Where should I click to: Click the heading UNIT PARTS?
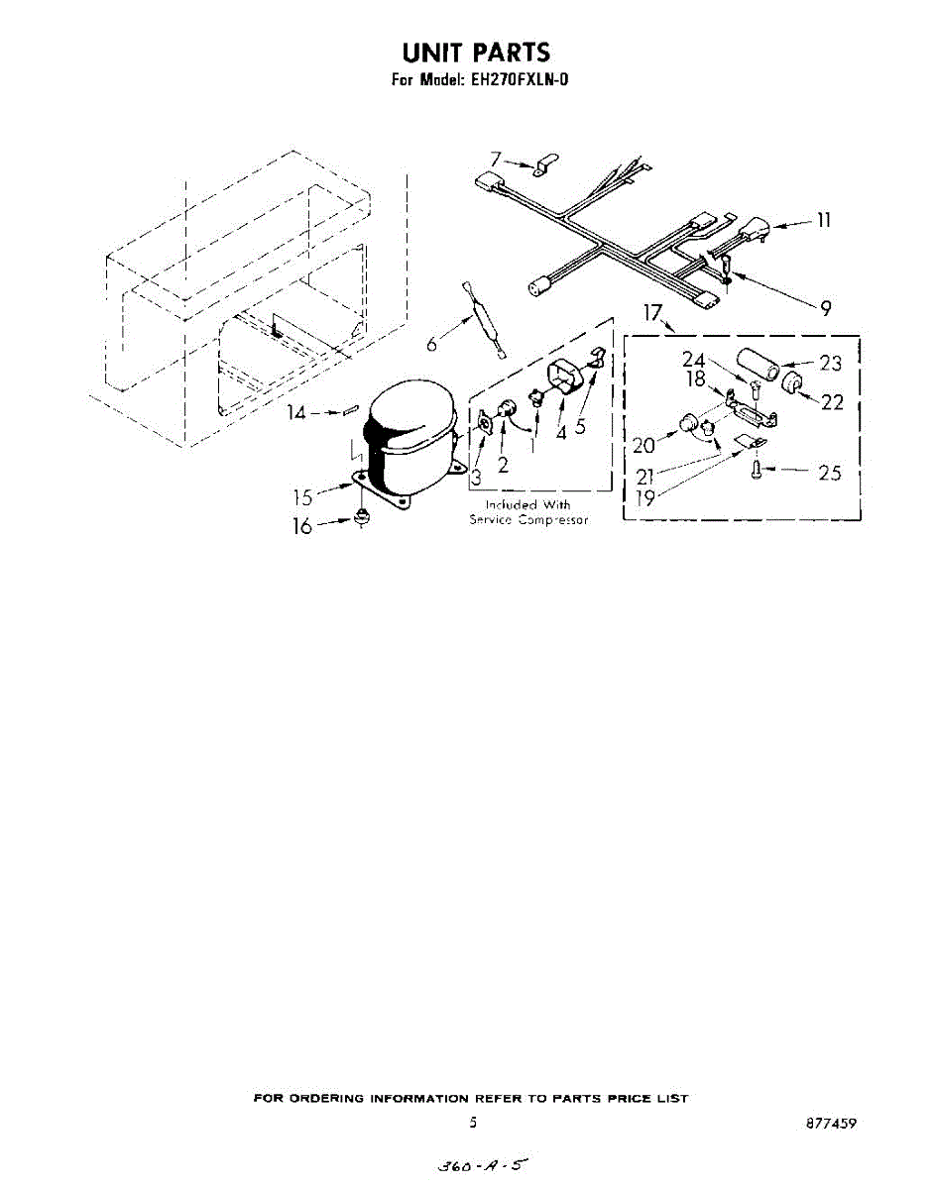click(475, 53)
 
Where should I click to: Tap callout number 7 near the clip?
click(497, 159)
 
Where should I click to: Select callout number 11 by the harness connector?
click(823, 220)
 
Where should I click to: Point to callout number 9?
click(825, 308)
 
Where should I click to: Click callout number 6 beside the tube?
click(431, 345)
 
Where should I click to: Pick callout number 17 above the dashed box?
click(651, 313)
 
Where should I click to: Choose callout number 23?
click(830, 364)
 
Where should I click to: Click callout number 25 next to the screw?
click(829, 474)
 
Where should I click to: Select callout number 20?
click(643, 446)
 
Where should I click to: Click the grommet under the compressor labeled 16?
click(361, 517)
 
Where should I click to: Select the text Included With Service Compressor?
click(528, 512)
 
